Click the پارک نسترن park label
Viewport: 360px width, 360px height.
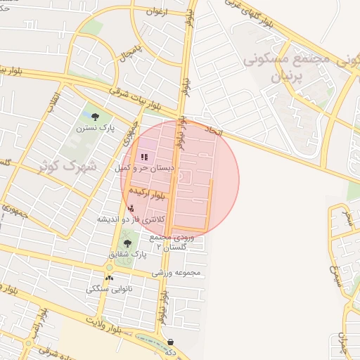click(96, 129)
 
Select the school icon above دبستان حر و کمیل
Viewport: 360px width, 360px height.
click(144, 157)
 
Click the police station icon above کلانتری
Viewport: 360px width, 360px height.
click(131, 208)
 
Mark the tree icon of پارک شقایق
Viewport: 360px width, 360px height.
click(127, 243)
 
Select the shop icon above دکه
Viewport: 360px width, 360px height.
click(172, 342)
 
